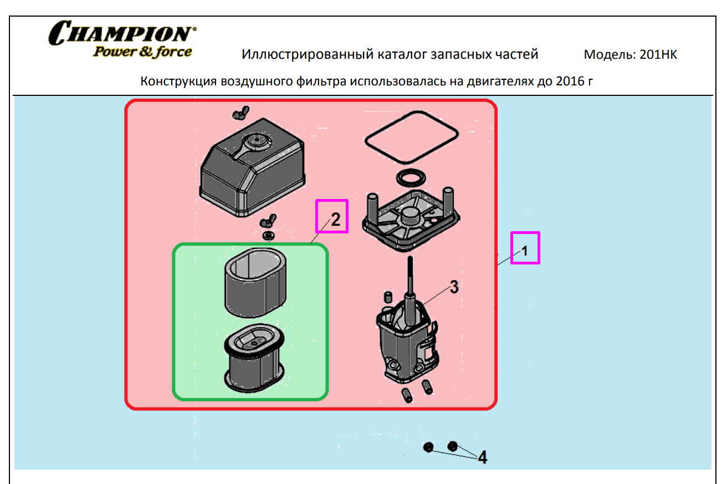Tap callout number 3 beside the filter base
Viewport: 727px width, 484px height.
(453, 287)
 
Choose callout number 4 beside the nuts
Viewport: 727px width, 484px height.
(482, 457)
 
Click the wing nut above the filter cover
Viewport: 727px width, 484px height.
(239, 114)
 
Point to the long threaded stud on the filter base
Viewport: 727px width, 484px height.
(411, 277)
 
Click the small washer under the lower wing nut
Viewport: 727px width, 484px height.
(270, 236)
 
